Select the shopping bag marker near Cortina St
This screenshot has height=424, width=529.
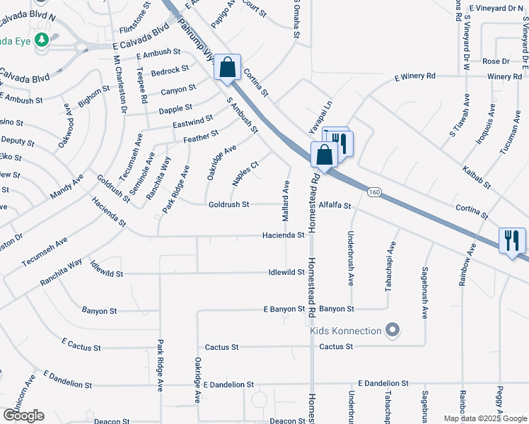point(228,68)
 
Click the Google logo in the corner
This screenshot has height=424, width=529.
point(23,416)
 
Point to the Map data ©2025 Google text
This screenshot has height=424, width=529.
point(486,418)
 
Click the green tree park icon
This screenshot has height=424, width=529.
point(42,40)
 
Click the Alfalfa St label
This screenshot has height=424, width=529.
point(335,205)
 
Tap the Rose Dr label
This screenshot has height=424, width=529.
point(495,61)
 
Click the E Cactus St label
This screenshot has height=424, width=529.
point(81,344)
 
